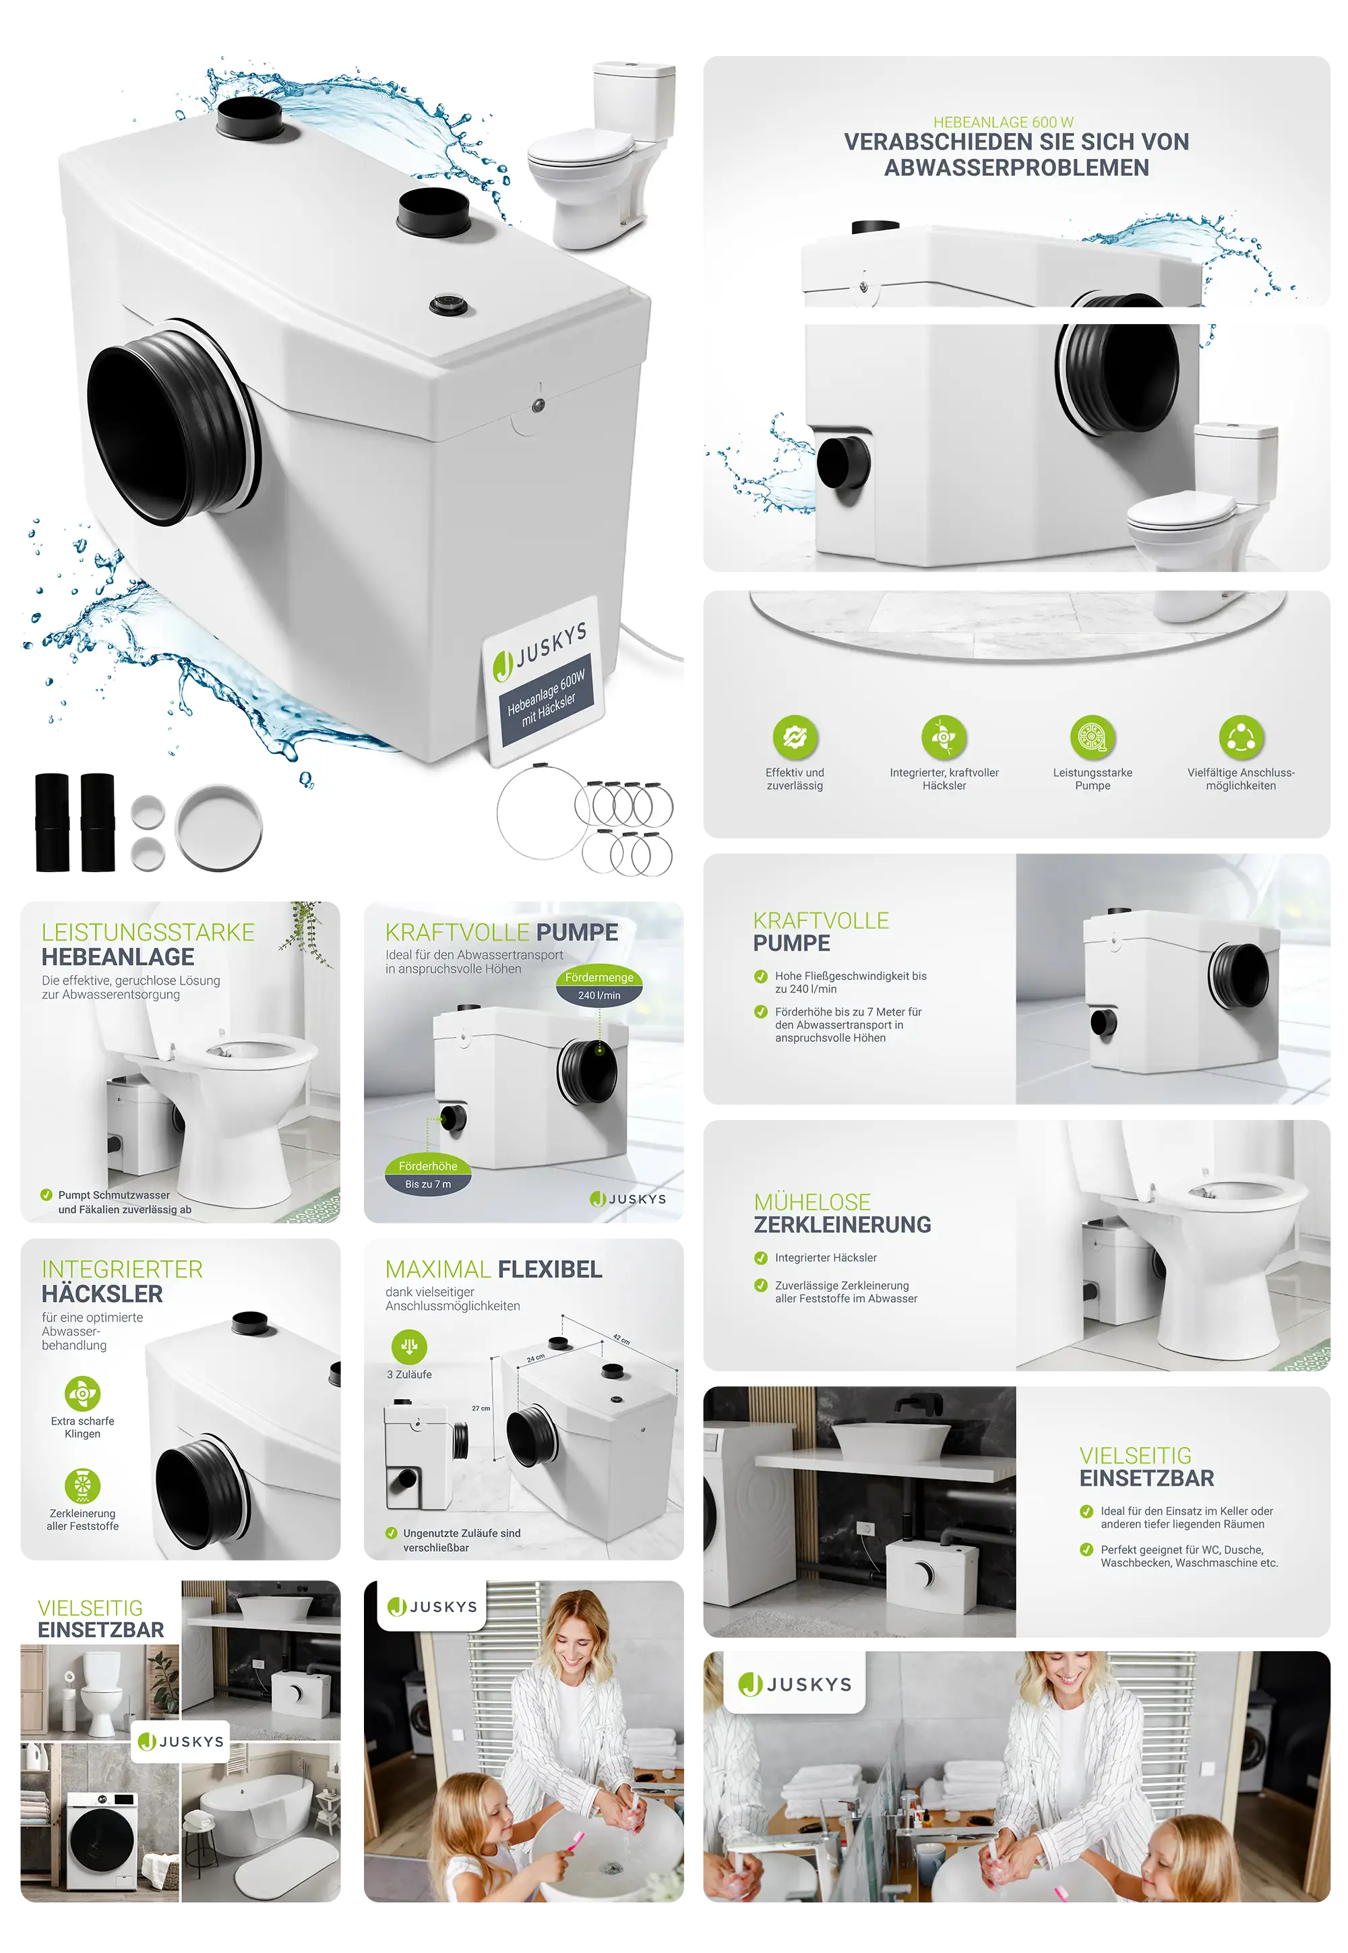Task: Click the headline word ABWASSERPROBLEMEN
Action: [x=1016, y=168]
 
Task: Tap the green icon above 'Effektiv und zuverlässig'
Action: [x=795, y=737]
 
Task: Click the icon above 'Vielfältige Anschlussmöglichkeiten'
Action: [x=1241, y=737]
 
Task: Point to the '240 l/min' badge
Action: [x=599, y=995]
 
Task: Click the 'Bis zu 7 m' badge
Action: [x=427, y=1184]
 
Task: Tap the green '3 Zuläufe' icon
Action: [x=410, y=1346]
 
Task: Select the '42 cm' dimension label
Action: [x=621, y=1339]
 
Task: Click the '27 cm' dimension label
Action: [x=481, y=1408]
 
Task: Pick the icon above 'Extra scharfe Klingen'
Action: [x=82, y=1393]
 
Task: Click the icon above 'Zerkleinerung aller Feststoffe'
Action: [x=82, y=1486]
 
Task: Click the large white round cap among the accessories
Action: [x=219, y=828]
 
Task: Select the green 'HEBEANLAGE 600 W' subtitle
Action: [x=1004, y=123]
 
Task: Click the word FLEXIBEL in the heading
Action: [x=550, y=1269]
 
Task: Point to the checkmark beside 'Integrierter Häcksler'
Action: [x=760, y=1258]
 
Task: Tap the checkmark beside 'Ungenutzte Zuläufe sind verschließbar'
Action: [x=391, y=1532]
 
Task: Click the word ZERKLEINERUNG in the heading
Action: [x=842, y=1224]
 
